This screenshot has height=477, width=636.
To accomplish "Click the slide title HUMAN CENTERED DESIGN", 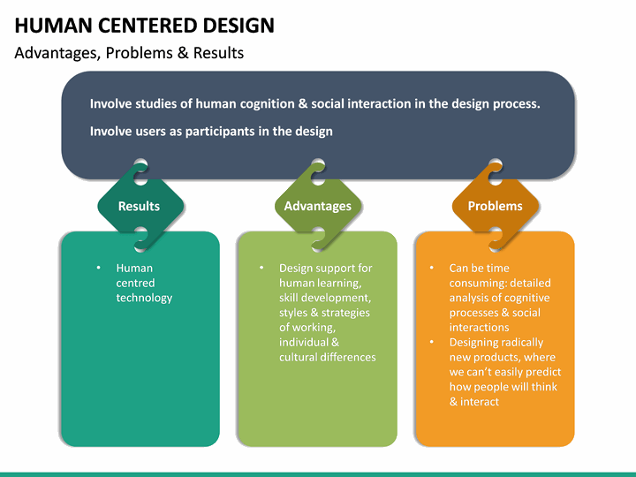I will point(144,25).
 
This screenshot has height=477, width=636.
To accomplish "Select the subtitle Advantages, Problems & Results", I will point(129,53).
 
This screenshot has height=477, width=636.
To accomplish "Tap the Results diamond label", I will point(140,206).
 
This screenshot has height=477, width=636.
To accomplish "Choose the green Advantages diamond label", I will point(317,206).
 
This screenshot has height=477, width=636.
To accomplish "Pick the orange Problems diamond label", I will point(495,206).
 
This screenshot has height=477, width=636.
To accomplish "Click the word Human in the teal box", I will point(134,268).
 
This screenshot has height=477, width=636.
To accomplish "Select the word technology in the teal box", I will point(144,298).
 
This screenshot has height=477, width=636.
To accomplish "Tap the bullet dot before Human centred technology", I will point(98,268).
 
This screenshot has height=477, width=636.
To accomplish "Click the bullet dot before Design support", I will point(261,268).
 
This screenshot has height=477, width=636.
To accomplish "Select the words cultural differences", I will point(328,357).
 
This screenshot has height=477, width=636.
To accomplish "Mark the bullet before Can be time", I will point(431,268).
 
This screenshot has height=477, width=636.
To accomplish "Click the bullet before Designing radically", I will point(431,342).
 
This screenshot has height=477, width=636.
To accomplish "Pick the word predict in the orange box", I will point(543,372).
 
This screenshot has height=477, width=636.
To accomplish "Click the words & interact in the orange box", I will point(474,402).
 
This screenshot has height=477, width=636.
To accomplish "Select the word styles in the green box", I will point(294,313).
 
